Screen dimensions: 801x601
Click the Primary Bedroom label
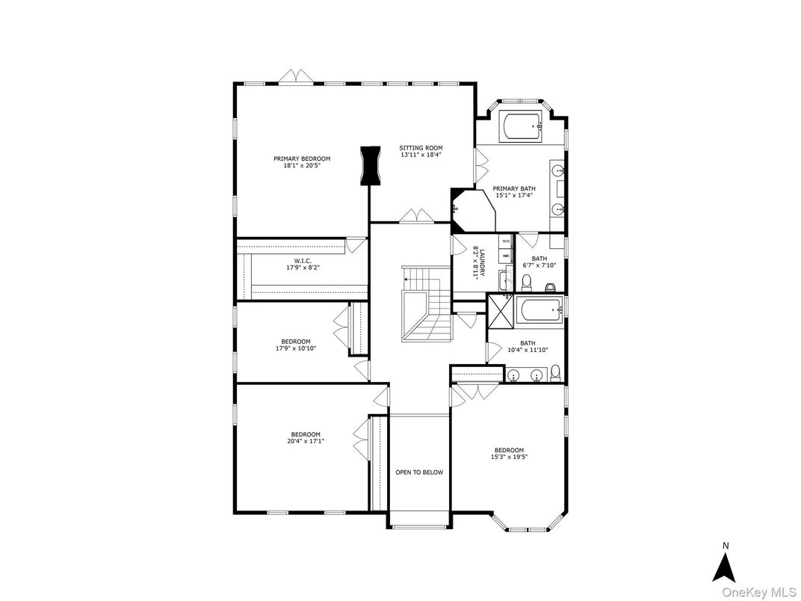[302, 158]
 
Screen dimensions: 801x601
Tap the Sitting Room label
[421, 148]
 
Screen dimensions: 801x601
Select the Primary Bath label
[514, 188]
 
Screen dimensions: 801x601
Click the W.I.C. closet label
[303, 261]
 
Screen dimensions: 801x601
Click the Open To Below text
[419, 472]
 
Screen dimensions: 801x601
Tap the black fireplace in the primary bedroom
[371, 166]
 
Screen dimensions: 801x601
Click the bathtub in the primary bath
[523, 126]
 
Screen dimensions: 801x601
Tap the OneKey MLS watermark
[760, 592]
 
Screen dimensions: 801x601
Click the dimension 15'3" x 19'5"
[509, 457]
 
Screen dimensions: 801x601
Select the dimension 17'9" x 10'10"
[296, 348]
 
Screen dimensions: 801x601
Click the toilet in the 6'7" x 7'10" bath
[526, 282]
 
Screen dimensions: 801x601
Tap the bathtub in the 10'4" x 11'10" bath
[539, 311]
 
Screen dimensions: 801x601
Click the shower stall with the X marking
[501, 311]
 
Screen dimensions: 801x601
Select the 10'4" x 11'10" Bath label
[528, 343]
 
